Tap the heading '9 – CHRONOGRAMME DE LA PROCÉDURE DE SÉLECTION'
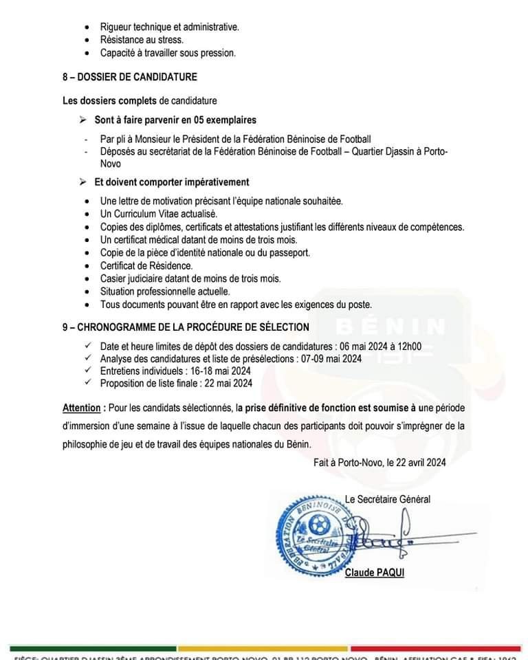185,327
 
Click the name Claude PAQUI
375,572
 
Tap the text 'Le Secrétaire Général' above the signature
388,499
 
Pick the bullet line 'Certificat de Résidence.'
146,265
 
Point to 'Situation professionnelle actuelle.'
165,291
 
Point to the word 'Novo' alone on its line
110,164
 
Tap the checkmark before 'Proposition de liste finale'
87,383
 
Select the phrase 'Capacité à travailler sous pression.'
168,53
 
